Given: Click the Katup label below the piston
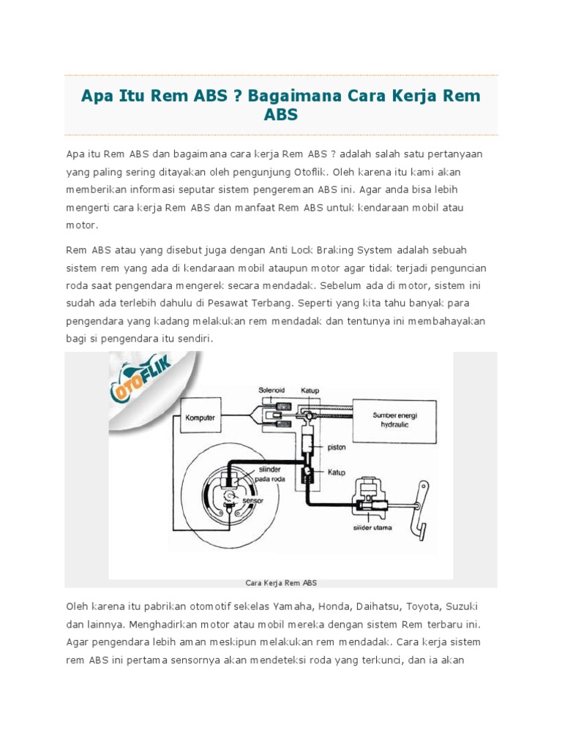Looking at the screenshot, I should pos(336,473).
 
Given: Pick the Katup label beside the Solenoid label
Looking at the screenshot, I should pos(311,391).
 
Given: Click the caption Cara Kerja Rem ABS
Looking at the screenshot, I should pos(280,583).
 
